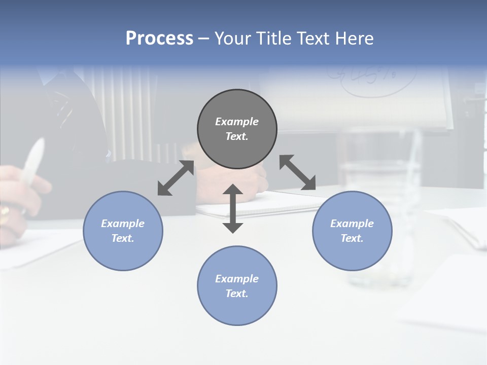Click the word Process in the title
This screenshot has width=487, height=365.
point(159,39)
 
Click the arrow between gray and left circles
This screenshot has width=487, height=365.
point(176,178)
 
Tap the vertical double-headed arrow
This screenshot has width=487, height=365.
point(233,208)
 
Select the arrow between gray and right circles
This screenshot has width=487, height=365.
point(297,172)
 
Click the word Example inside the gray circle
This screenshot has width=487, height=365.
point(237,122)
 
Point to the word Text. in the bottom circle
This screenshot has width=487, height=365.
point(237,294)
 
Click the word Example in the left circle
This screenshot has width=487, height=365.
point(123,224)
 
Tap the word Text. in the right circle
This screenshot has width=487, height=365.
point(352,238)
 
